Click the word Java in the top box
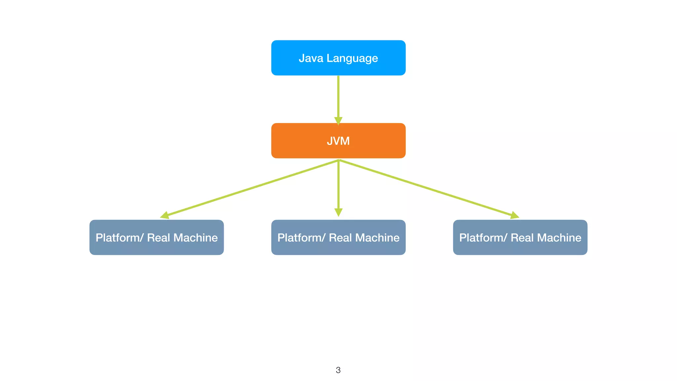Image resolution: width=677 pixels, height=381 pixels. [311, 58]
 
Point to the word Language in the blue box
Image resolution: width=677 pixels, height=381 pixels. [352, 59]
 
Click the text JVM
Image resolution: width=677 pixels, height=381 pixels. [338, 141]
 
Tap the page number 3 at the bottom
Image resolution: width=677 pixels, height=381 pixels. [338, 370]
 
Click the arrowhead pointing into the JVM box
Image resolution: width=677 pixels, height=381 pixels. [338, 121]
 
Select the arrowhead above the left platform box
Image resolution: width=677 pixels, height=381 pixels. [165, 216]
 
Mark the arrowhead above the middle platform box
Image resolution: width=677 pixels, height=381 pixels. [338, 212]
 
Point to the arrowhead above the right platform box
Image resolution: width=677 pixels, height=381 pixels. [514, 216]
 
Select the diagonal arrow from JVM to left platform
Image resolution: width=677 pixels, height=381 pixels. [251, 188]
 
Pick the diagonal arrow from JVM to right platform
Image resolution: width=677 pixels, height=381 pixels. [426, 188]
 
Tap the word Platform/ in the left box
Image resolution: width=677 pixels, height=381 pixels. [119, 238]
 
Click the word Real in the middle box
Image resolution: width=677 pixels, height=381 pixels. [340, 238]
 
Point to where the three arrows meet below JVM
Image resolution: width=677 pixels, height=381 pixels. [338, 160]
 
